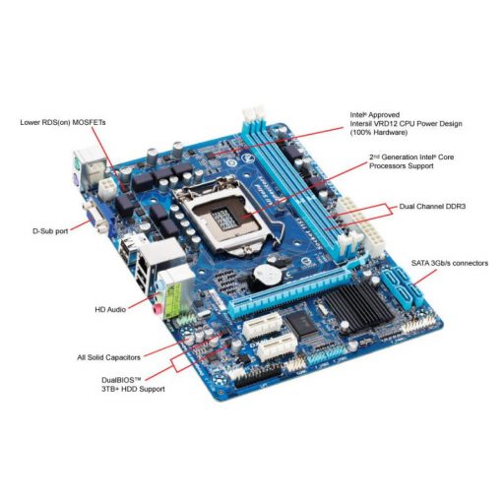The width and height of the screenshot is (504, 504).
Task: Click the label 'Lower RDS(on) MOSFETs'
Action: pyautogui.click(x=62, y=123)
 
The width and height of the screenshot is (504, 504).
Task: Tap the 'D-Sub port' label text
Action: pyautogui.click(x=50, y=231)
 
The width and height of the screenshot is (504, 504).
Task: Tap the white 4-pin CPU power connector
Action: pyautogui.click(x=107, y=184)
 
